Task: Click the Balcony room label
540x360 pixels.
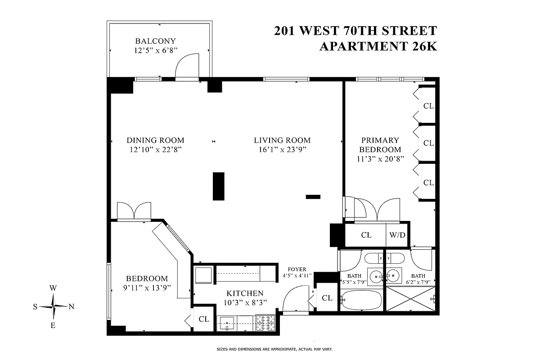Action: click(155, 41)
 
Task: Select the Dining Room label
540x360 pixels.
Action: click(155, 140)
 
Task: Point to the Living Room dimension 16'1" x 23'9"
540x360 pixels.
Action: click(282, 150)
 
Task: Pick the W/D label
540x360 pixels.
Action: click(397, 235)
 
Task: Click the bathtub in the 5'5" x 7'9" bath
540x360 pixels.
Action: click(361, 299)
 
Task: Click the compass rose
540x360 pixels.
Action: click(54, 306)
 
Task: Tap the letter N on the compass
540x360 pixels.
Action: click(71, 307)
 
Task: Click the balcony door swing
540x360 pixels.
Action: click(186, 66)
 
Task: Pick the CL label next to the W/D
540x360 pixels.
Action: click(366, 235)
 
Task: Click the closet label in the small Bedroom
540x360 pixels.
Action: click(204, 319)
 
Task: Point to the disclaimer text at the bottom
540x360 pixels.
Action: click(270, 349)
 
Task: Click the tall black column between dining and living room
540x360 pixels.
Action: click(218, 186)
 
